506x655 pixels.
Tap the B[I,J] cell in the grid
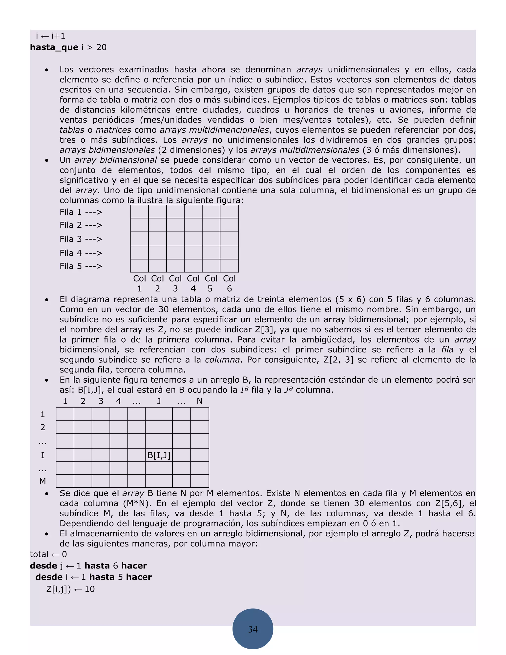pos(159,455)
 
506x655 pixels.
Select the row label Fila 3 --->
pos(81,239)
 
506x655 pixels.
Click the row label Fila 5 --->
pos(81,266)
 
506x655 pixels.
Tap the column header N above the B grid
pos(200,401)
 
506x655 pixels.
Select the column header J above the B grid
pos(159,401)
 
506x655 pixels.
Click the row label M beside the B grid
pos(42,481)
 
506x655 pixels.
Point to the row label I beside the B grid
pos(42,455)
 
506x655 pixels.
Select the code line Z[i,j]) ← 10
pos(70,589)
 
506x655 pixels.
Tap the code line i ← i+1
pos(50,36)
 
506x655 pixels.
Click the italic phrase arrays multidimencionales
pos(214,130)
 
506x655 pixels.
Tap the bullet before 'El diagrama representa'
pos(46,300)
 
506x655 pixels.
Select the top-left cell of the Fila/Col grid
pos(139,212)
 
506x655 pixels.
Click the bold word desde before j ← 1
pos(43,566)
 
